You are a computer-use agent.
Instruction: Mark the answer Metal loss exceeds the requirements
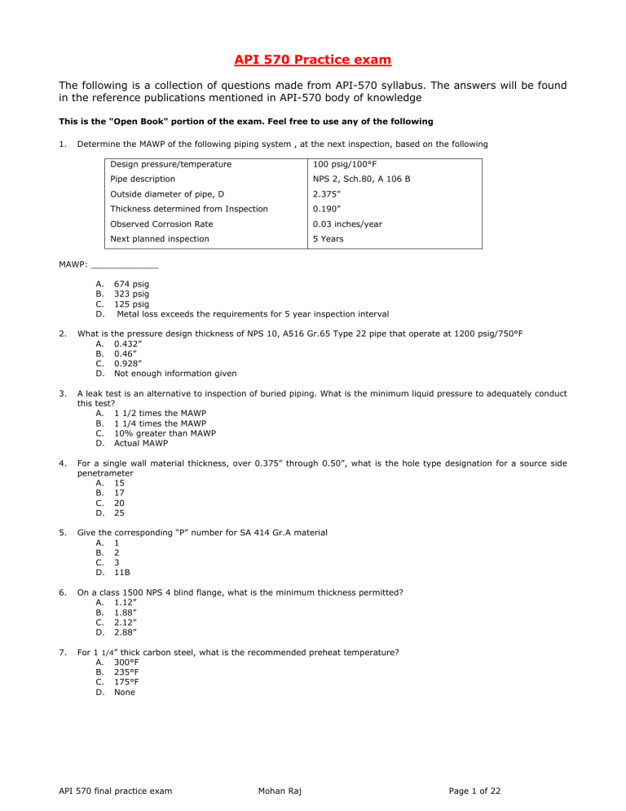(253, 313)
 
